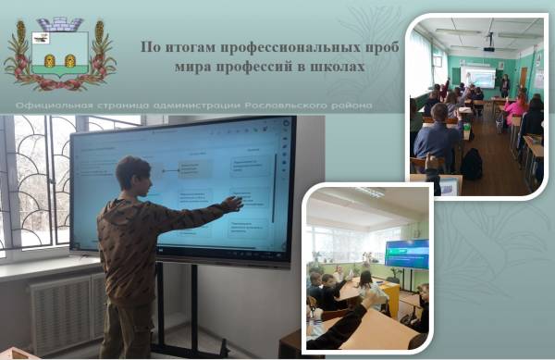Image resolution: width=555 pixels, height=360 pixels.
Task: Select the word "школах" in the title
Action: click(x=338, y=67)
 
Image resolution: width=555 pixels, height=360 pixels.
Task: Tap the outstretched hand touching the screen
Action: click(x=232, y=203)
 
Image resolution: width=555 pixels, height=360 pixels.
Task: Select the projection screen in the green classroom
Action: click(x=479, y=77)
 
